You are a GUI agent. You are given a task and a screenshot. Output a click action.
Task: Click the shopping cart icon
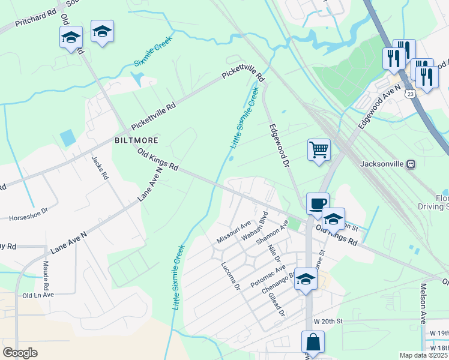pyautogui.click(x=319, y=149)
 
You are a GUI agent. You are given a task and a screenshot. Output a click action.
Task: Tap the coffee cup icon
pyautogui.click(x=317, y=203)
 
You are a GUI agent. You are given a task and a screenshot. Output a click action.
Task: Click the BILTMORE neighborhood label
pyautogui.click(x=136, y=140)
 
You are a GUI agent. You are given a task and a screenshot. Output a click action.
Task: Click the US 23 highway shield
pyautogui.click(x=409, y=94)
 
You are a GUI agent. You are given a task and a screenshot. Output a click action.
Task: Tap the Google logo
pyautogui.click(x=20, y=353)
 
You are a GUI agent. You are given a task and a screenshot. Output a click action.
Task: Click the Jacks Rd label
pyautogui.click(x=100, y=169)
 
